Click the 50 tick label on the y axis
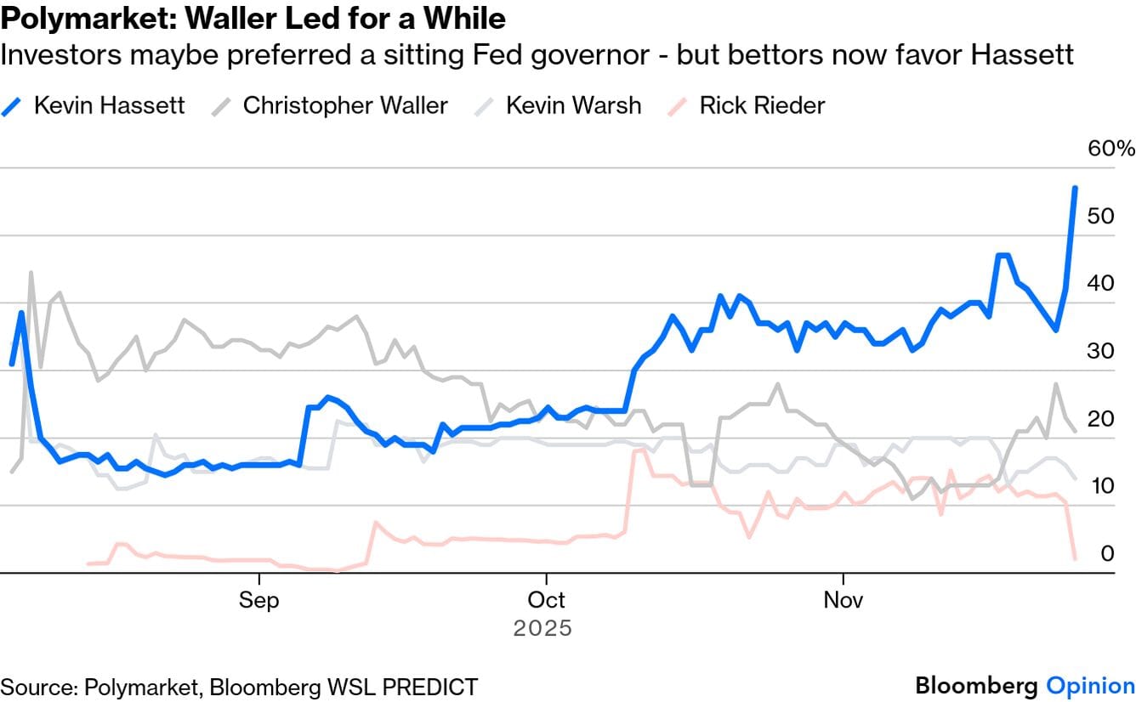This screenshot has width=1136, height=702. coord(1101,216)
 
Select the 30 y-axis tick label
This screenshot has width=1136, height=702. coord(1101,350)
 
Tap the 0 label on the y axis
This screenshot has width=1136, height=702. coord(1107,553)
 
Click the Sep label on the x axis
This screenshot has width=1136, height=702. coord(258,600)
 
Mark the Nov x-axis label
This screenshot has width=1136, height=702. coord(843,600)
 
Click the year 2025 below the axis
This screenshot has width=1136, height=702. coord(542,629)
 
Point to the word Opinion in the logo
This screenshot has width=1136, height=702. coord(1090,686)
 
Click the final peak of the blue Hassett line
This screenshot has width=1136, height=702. coord(1075,188)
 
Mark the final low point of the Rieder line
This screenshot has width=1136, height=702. coord(1075,558)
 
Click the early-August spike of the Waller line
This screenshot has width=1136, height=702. coord(31,273)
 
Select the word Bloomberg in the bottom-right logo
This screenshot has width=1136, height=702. coord(976,686)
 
